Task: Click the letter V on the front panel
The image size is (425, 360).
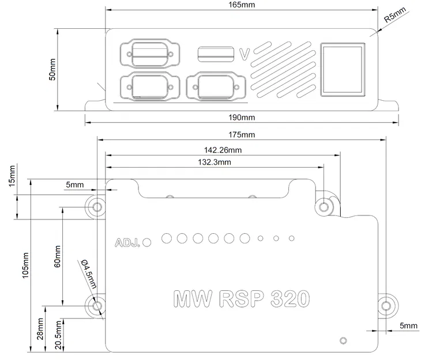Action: [x=244, y=55]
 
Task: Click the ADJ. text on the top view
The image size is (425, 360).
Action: [x=128, y=242]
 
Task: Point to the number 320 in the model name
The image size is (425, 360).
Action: [x=282, y=298]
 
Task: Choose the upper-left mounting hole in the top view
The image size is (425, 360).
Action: [x=97, y=207]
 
